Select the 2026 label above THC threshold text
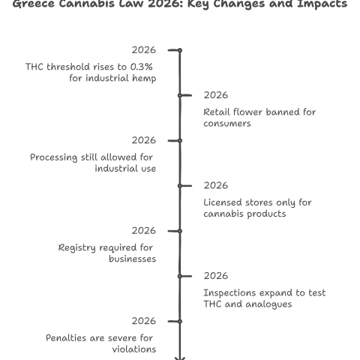point(143,50)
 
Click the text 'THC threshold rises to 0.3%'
point(91,67)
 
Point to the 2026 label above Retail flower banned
point(216,95)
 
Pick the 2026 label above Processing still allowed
point(143,140)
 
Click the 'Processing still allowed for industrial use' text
point(92,163)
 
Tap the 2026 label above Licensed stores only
point(216,185)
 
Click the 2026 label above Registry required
point(143,230)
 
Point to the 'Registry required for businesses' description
point(106,253)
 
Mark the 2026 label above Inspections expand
point(216,275)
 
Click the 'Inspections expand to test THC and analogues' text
point(265,298)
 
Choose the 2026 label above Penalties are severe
point(143,320)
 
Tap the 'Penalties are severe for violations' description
point(100,343)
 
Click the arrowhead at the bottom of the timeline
point(180,357)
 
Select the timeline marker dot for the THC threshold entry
point(180,50)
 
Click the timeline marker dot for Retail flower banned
point(180,95)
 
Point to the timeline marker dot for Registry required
point(180,230)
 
